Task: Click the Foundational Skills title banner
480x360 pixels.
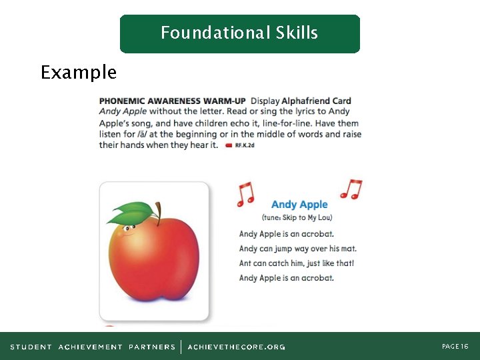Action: click(239, 33)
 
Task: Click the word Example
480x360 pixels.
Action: click(78, 72)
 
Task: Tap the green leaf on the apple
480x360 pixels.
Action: click(133, 213)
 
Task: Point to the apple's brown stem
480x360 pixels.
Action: click(158, 210)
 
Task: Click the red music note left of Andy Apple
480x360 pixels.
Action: click(246, 193)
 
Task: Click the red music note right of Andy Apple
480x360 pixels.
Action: click(351, 189)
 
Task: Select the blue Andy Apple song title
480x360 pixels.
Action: click(299, 205)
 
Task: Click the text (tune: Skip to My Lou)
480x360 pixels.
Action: click(297, 218)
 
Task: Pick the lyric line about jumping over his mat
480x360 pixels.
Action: click(293, 249)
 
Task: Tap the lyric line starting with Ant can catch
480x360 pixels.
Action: click(296, 263)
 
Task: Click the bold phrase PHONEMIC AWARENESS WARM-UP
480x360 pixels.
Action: click(173, 101)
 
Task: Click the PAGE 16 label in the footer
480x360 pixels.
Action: click(455, 347)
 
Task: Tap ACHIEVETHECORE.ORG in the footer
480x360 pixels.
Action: click(236, 347)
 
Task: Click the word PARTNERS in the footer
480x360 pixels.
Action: click(152, 347)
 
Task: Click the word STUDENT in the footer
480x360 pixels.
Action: click(31, 347)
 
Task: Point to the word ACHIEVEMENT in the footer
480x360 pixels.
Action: click(90, 347)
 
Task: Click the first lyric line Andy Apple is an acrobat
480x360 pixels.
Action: click(286, 234)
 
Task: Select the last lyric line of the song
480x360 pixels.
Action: click(286, 278)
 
